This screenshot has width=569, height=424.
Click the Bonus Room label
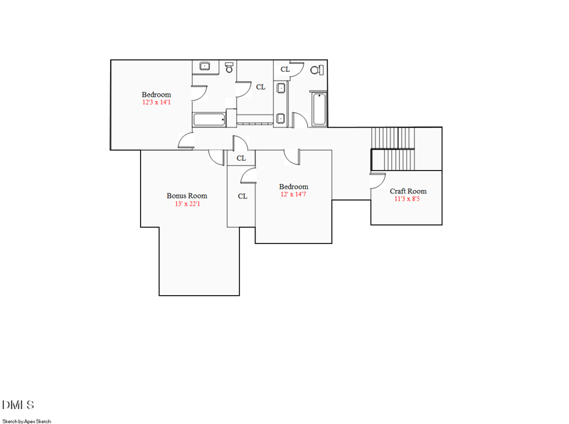pos(187,196)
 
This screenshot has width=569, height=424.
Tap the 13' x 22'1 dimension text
pos(187,204)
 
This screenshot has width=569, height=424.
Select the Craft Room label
pos(408,191)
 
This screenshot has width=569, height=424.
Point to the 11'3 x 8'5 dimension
pos(408,199)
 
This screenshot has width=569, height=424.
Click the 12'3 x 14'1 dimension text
pos(156,102)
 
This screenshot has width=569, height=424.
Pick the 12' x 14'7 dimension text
pos(293,195)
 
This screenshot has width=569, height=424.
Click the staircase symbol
pos(393,149)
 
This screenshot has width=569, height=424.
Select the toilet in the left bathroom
pos(229,68)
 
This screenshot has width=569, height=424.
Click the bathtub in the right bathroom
pos(319,110)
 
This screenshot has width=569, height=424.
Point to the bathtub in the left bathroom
pos(208,120)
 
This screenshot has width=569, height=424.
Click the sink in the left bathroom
pos(206,67)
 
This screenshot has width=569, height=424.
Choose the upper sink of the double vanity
pos(280,89)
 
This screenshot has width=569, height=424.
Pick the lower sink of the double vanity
pos(280,118)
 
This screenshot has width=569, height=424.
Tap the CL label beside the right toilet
pos(285,69)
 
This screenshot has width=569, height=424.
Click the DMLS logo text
pos(18,405)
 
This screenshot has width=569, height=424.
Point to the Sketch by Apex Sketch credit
pos(26,421)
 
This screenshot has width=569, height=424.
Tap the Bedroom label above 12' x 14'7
pos(293,186)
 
